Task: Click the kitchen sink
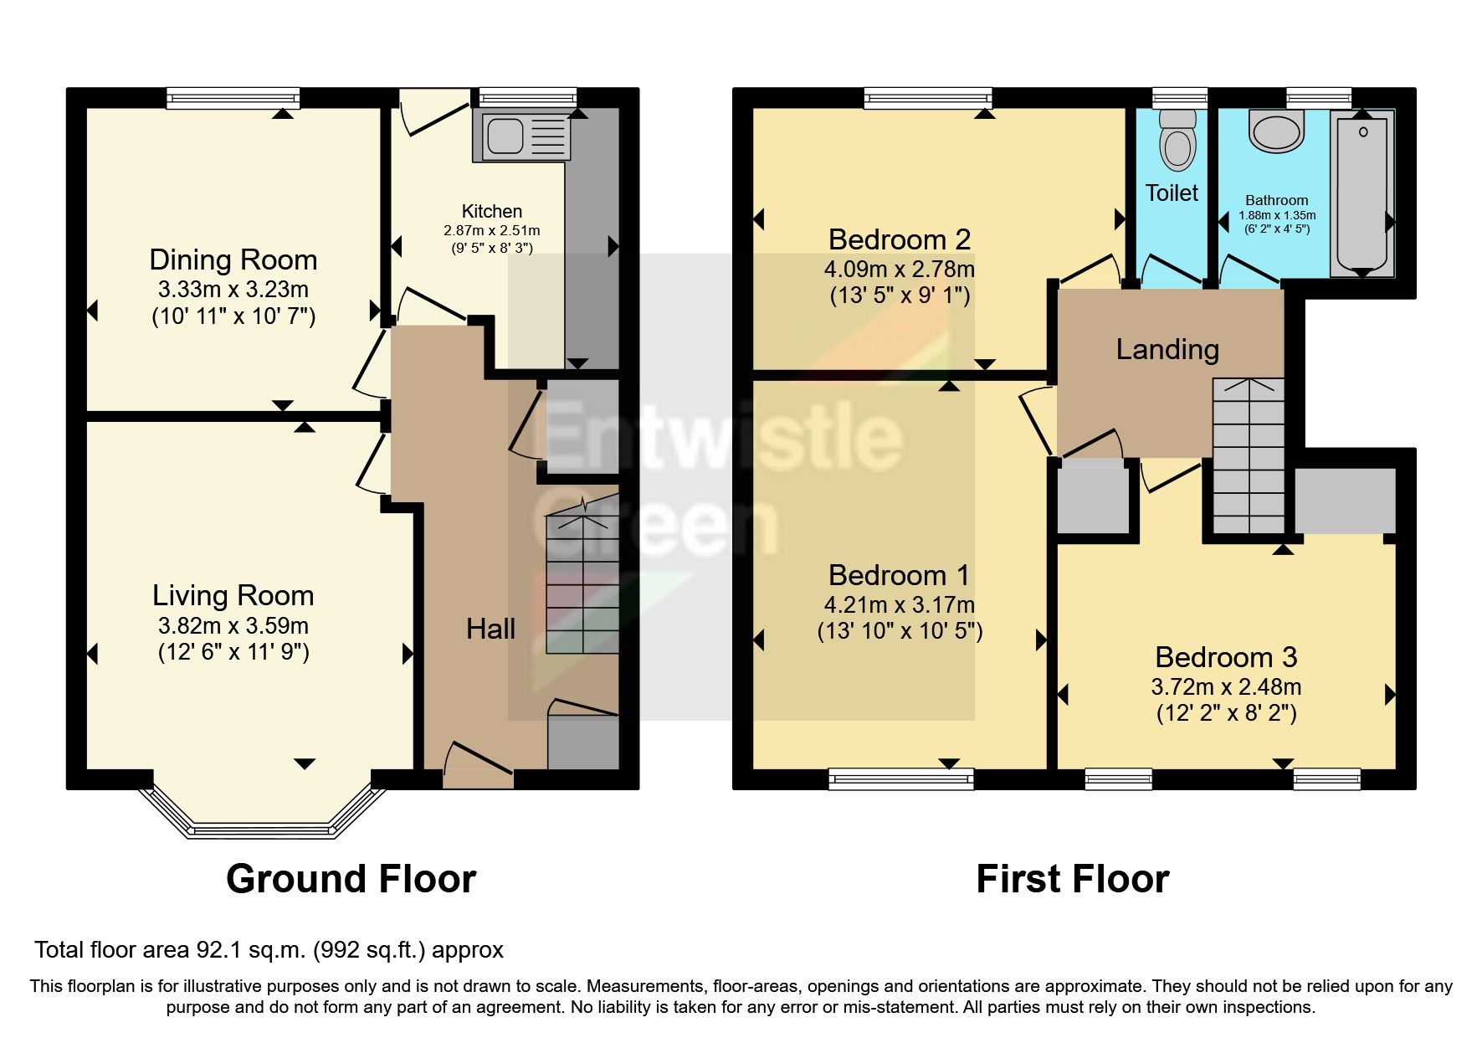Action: click(x=520, y=134)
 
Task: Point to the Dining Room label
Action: click(x=233, y=259)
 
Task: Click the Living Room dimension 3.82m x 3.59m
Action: click(x=233, y=625)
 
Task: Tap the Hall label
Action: click(x=490, y=629)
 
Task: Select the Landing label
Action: click(x=1167, y=349)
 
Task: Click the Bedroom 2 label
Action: click(x=900, y=239)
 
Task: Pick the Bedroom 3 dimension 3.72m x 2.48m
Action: click(x=1226, y=687)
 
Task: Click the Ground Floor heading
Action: click(x=351, y=879)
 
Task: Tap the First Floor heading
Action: click(x=1073, y=879)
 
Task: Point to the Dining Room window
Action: click(x=233, y=99)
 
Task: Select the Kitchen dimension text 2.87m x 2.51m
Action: click(x=492, y=230)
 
